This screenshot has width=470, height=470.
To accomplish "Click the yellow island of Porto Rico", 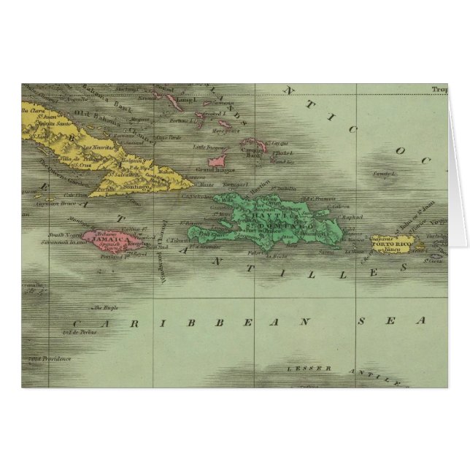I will point(393,240).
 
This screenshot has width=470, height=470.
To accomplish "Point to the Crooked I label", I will point(215,115).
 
